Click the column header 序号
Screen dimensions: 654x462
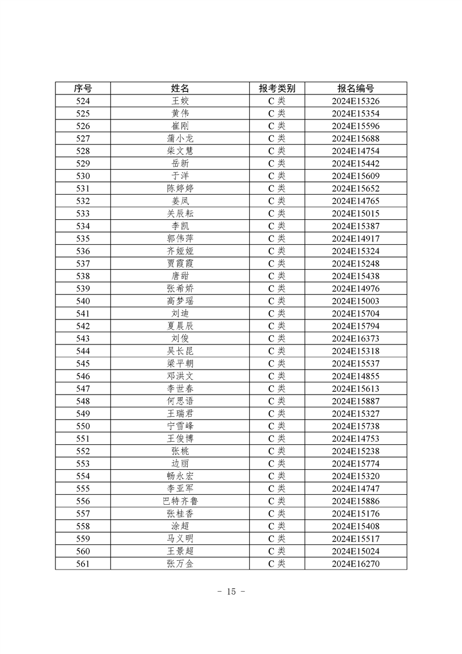pyautogui.click(x=83, y=88)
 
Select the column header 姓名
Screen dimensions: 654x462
pyautogui.click(x=180, y=88)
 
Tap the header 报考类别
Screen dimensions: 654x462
pyautogui.click(x=277, y=88)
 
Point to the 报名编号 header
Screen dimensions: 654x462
pyautogui.click(x=355, y=88)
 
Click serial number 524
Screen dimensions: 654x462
pyautogui.click(x=83, y=101)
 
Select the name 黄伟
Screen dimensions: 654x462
pyautogui.click(x=180, y=113)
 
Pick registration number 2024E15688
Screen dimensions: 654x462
pyautogui.click(x=355, y=138)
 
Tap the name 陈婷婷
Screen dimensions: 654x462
pyautogui.click(x=180, y=188)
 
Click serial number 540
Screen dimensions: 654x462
pyautogui.click(x=83, y=301)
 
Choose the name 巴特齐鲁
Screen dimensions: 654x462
pyautogui.click(x=180, y=501)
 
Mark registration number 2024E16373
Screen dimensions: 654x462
pyautogui.click(x=355, y=338)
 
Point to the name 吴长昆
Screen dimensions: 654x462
pyautogui.click(x=180, y=351)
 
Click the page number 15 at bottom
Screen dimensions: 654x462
pyautogui.click(x=231, y=592)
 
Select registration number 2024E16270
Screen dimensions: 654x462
pyautogui.click(x=355, y=564)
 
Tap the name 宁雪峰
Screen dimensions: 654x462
pyautogui.click(x=180, y=426)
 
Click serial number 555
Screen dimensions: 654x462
pyautogui.click(x=83, y=488)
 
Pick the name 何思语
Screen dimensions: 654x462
pyautogui.click(x=180, y=401)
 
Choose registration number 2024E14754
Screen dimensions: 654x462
pyautogui.click(x=355, y=151)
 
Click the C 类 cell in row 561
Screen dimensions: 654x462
pyautogui.click(x=277, y=564)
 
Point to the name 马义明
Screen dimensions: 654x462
pyautogui.click(x=180, y=539)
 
